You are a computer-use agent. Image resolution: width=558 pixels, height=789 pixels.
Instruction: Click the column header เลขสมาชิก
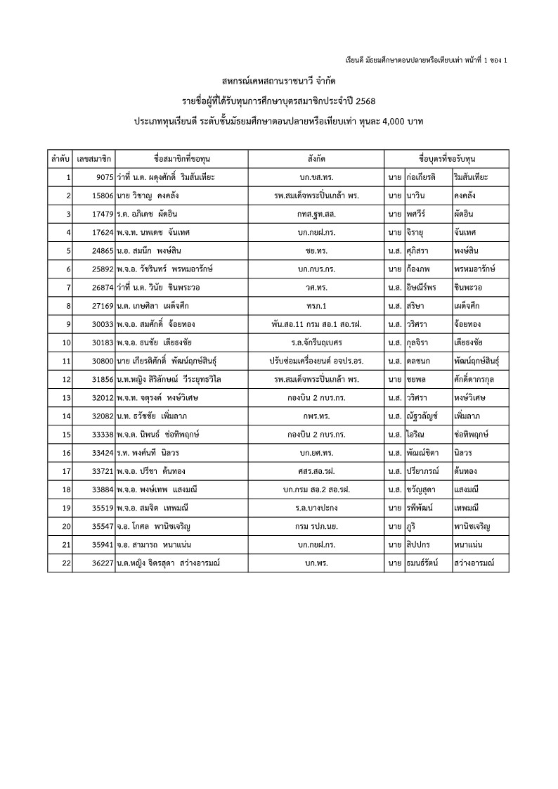click(x=95, y=159)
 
